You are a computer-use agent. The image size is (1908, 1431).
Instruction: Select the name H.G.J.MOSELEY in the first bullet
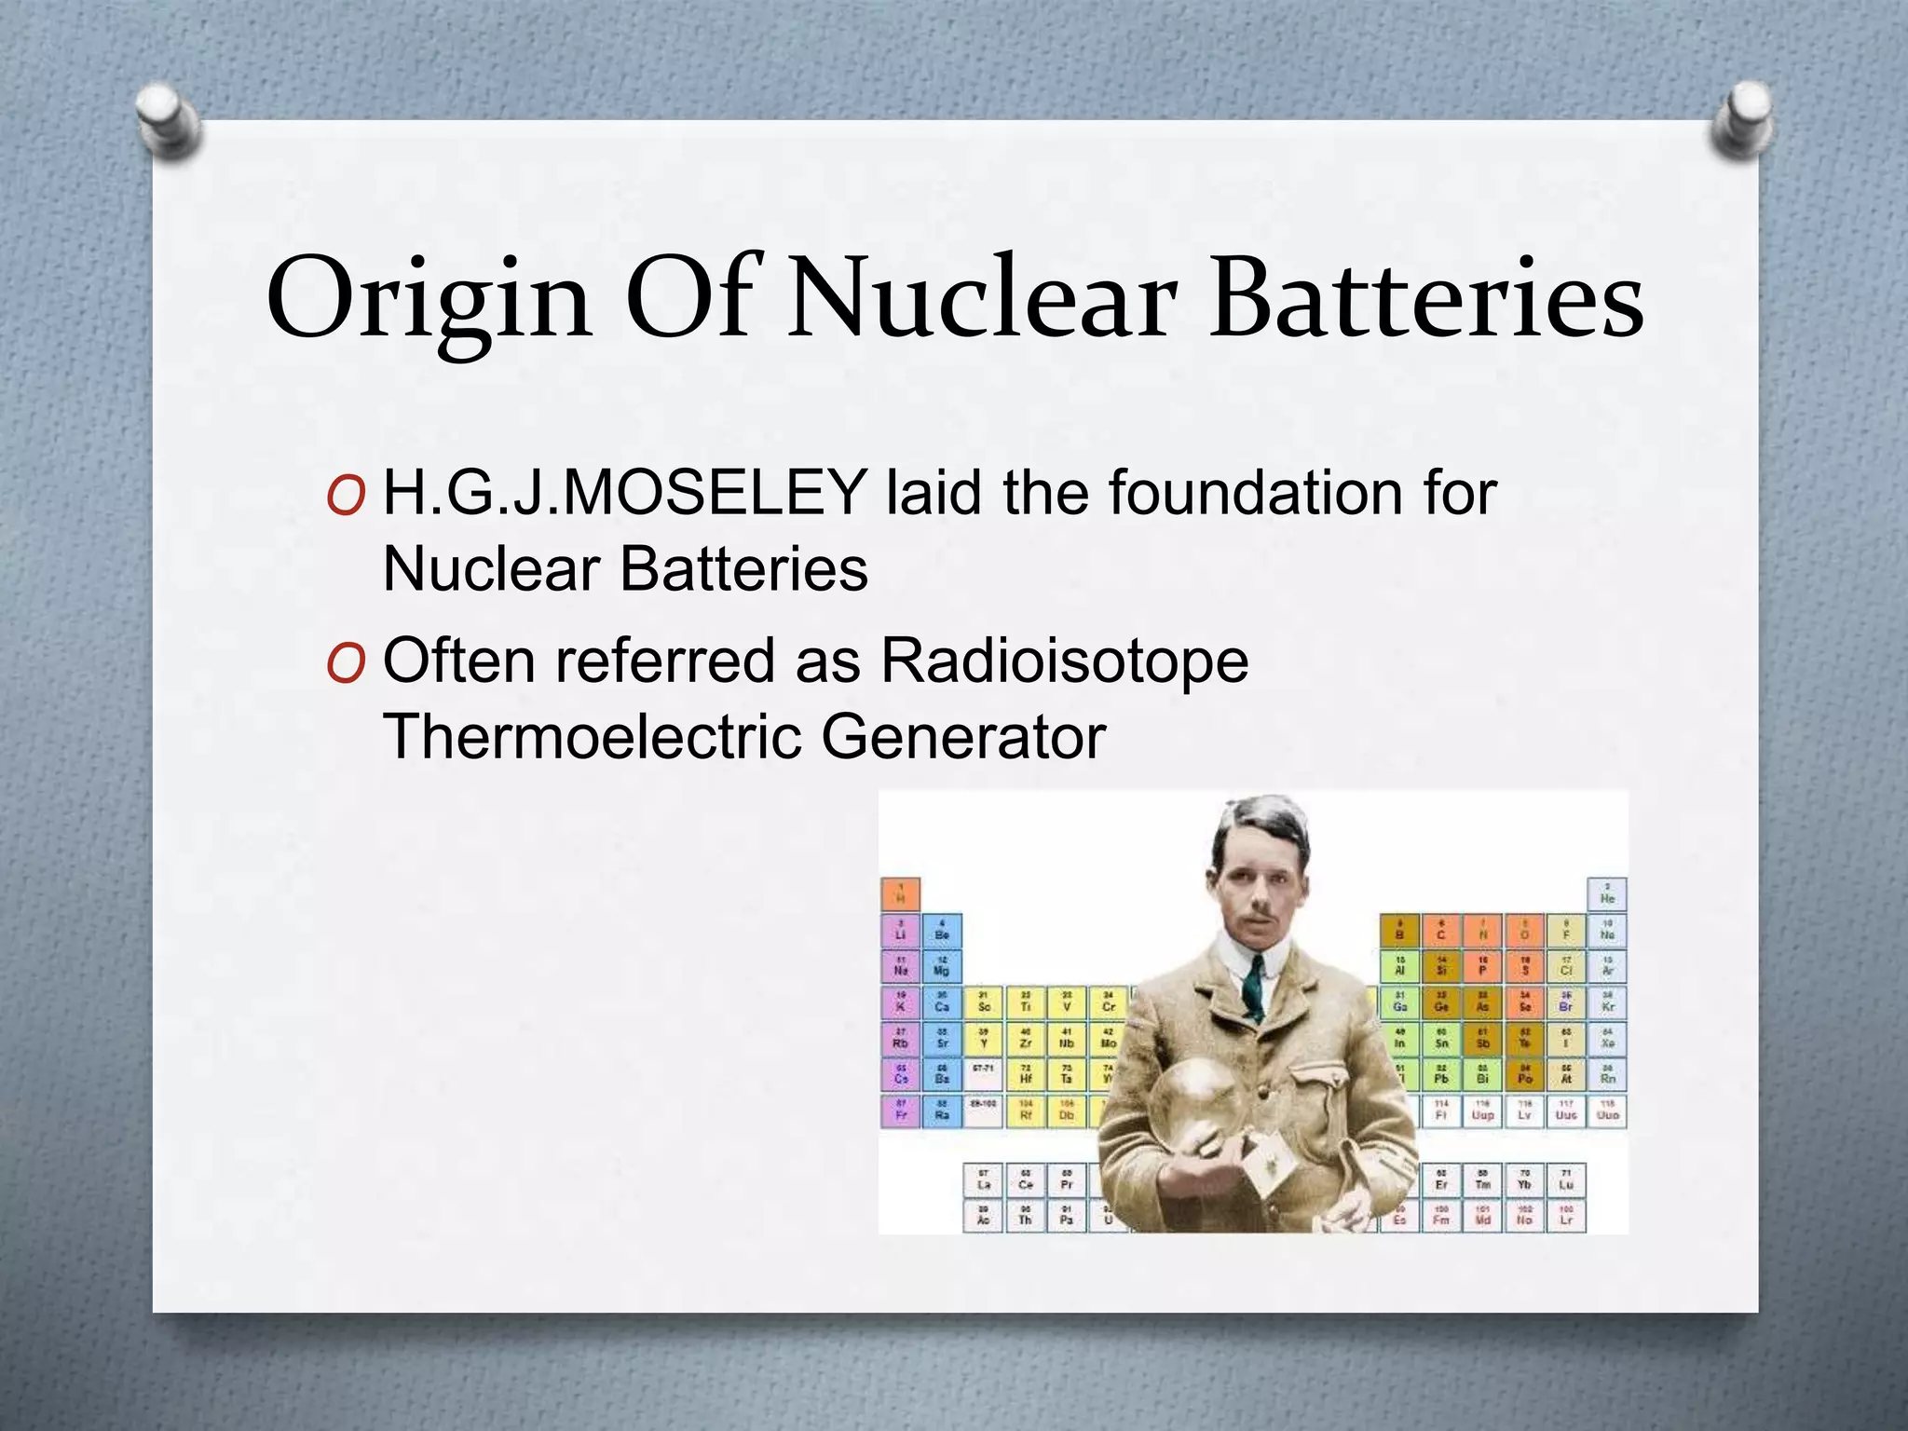click(x=625, y=493)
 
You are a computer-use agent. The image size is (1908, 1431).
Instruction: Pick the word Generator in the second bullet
click(x=963, y=737)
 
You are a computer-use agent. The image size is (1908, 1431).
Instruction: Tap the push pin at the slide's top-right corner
click(x=1741, y=123)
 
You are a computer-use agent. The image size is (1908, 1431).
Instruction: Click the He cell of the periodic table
click(x=1607, y=894)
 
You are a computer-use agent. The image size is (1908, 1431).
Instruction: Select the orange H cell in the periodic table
click(x=900, y=894)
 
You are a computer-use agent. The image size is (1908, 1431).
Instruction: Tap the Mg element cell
click(x=941, y=966)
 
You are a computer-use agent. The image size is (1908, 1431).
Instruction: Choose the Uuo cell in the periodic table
click(x=1607, y=1111)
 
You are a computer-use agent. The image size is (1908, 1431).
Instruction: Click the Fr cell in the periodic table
click(x=900, y=1111)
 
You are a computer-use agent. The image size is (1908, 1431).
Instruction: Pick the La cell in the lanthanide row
click(x=983, y=1180)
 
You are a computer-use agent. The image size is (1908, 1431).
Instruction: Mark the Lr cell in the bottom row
click(x=1566, y=1216)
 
